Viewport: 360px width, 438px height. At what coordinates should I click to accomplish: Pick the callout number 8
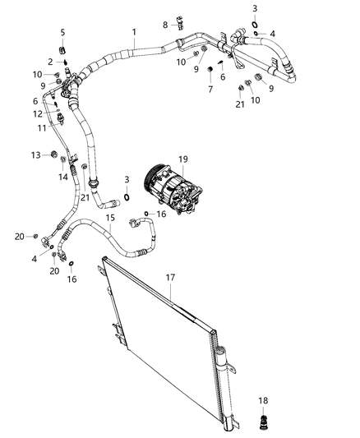(164, 25)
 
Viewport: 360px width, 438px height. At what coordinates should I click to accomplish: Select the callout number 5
(62, 32)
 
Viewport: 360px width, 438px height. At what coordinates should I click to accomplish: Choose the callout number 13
(35, 154)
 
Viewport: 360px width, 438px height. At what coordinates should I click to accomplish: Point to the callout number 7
(210, 88)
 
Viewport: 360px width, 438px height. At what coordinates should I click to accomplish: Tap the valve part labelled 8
(178, 25)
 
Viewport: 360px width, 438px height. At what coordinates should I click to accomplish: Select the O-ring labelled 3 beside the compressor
(128, 196)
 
